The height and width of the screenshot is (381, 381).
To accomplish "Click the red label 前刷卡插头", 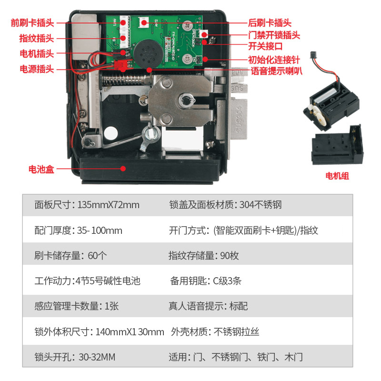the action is [x=32, y=23].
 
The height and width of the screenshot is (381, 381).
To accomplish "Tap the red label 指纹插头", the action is [x=37, y=39].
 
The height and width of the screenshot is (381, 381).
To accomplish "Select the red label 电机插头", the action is [x=37, y=54].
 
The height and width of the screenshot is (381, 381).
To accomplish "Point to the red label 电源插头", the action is [x=37, y=69].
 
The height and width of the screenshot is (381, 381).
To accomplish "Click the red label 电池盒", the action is [x=41, y=169].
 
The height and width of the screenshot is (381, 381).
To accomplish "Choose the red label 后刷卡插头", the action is [x=270, y=23].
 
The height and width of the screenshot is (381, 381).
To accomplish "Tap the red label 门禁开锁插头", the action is [x=274, y=35].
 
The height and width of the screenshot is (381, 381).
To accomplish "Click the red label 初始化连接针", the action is [x=274, y=60].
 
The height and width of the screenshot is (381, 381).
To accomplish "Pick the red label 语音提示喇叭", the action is [x=277, y=71].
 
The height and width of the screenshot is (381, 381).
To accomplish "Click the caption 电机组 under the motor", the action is [x=337, y=176].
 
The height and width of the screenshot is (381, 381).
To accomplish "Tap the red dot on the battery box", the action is [x=123, y=169].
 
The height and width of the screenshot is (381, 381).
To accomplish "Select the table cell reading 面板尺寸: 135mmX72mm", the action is [x=87, y=205].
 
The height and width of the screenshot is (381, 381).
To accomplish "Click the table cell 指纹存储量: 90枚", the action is [x=204, y=256].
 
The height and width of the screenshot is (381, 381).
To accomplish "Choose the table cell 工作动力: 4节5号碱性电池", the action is [x=88, y=281].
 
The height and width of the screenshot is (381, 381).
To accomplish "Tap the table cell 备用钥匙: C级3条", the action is [x=206, y=281].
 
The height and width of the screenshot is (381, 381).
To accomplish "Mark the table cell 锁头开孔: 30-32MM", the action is [x=75, y=357].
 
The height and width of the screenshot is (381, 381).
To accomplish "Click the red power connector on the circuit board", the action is [x=120, y=65].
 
